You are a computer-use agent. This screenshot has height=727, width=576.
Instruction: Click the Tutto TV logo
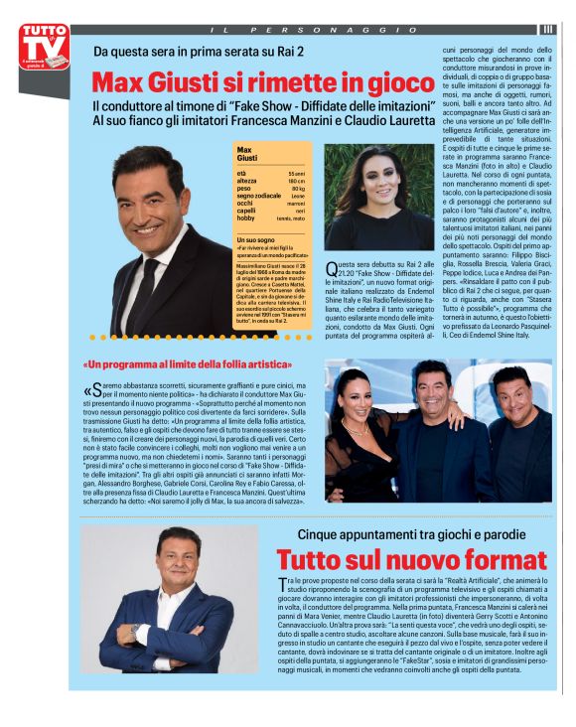click(x=44, y=48)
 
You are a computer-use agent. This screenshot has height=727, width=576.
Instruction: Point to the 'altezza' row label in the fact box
click(x=246, y=181)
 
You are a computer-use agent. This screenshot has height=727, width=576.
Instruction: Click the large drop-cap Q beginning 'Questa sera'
click(x=333, y=265)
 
